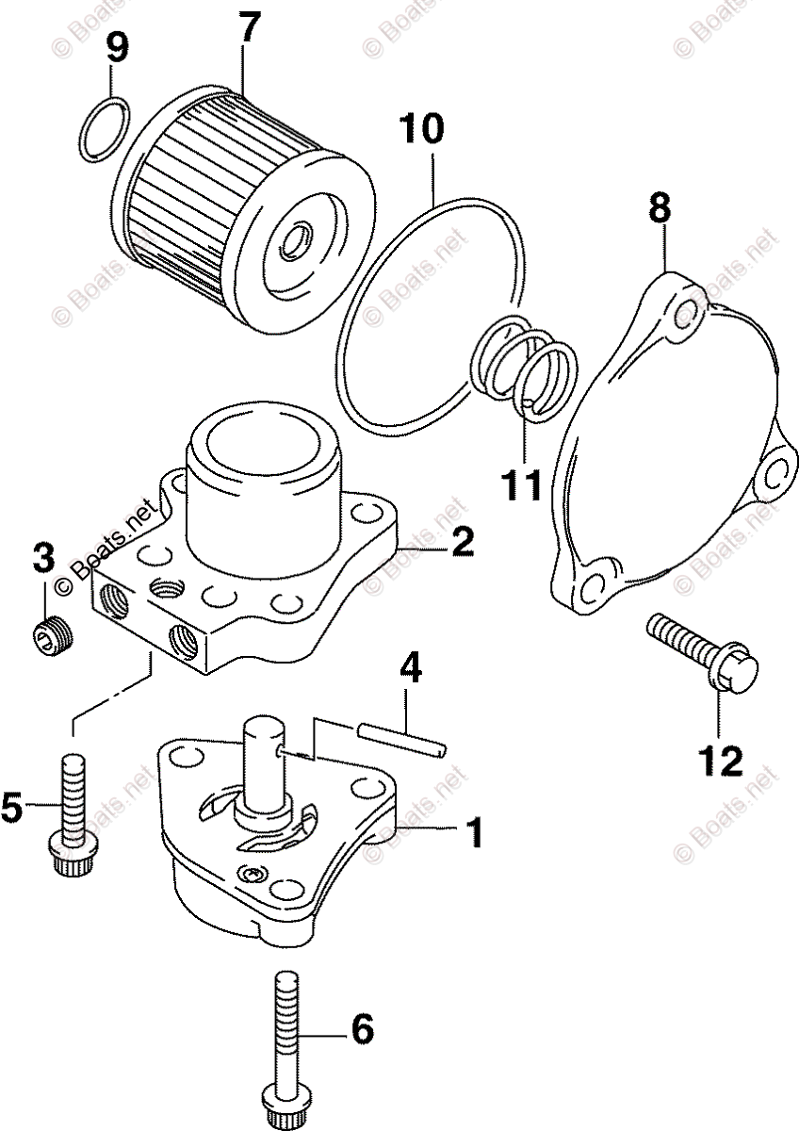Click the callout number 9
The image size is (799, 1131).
117,46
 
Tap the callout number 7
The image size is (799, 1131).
247,29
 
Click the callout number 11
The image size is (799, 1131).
520,484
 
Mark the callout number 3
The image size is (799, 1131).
43,559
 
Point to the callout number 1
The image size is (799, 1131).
474,832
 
